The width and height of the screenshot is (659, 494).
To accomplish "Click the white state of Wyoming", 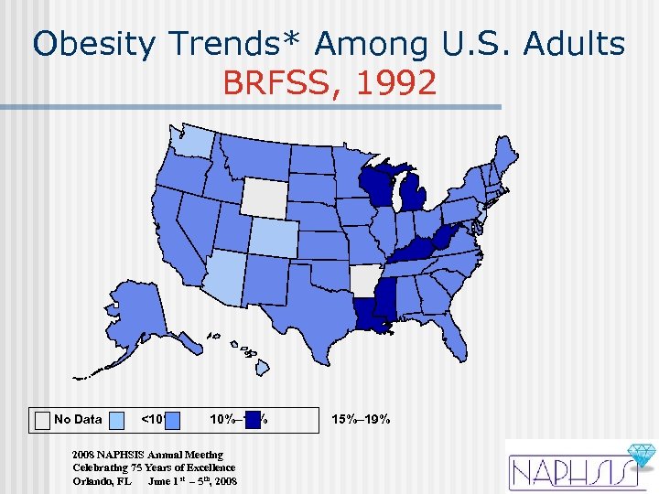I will [x=264, y=194].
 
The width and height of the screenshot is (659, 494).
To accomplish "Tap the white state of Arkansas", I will [x=363, y=279].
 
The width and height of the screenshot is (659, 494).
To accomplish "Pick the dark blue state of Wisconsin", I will [x=376, y=186].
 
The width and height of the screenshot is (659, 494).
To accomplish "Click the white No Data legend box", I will [x=41, y=420].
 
